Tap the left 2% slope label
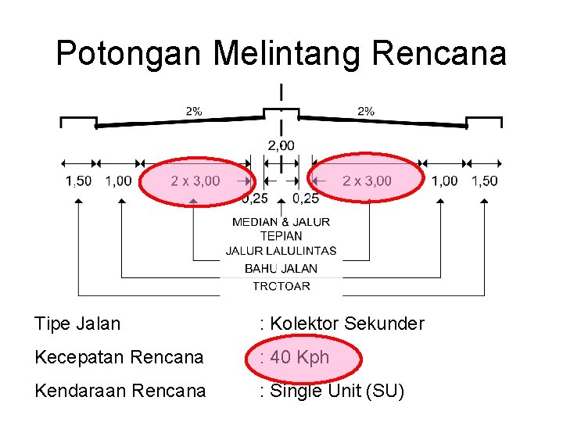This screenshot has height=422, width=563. (x=193, y=111)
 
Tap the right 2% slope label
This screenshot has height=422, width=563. (x=365, y=111)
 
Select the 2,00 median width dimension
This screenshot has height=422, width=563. (x=281, y=145)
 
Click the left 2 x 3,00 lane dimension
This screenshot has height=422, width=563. (x=195, y=181)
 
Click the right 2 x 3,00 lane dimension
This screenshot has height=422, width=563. (x=367, y=181)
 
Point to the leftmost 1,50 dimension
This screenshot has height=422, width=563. (x=78, y=181)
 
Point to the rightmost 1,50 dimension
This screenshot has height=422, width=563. (x=484, y=181)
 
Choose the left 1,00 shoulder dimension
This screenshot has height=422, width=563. (x=118, y=181)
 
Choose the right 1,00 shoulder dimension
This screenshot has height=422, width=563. (x=445, y=181)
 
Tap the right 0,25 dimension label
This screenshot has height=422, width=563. (x=306, y=198)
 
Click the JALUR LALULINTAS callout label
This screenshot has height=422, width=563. (x=281, y=251)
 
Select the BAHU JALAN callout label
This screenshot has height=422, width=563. (x=281, y=268)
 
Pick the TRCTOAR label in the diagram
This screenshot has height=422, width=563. (x=281, y=286)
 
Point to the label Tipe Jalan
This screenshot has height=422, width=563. (x=77, y=324)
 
